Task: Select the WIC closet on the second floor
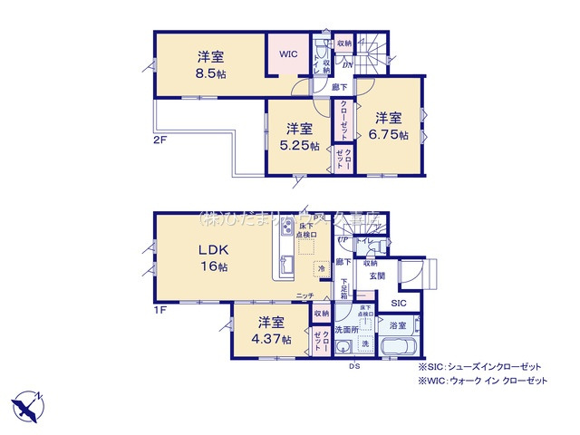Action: [288, 54]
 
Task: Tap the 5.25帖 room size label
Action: [300, 145]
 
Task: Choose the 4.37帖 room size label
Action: [272, 339]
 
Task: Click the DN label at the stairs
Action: [346, 64]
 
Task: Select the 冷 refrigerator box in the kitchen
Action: [322, 269]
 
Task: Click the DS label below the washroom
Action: [355, 367]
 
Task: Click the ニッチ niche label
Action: [304, 295]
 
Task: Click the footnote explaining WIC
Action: [483, 381]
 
